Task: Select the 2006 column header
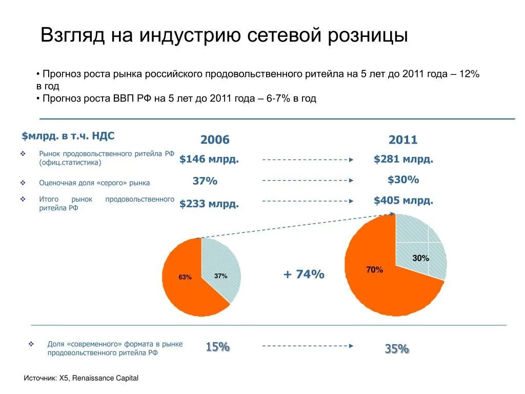coord(215,140)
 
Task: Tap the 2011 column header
coord(403,140)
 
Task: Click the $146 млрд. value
coord(209,160)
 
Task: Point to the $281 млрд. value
coord(403,160)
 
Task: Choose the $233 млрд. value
coord(209,204)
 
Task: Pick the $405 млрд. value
coord(403,201)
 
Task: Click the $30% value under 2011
coord(403,180)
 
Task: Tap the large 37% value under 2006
coord(205,181)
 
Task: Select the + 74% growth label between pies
coord(304,274)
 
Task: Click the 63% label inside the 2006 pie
coord(185,277)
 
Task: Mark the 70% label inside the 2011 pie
coord(374,270)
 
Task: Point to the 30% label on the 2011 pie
coord(420,258)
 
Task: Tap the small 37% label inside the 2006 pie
coord(220,276)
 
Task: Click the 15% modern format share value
coord(217,347)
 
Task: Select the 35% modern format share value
coord(397,349)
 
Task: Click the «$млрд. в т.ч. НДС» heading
coord(68,136)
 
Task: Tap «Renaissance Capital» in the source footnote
coord(105,378)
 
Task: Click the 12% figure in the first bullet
coord(469,74)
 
